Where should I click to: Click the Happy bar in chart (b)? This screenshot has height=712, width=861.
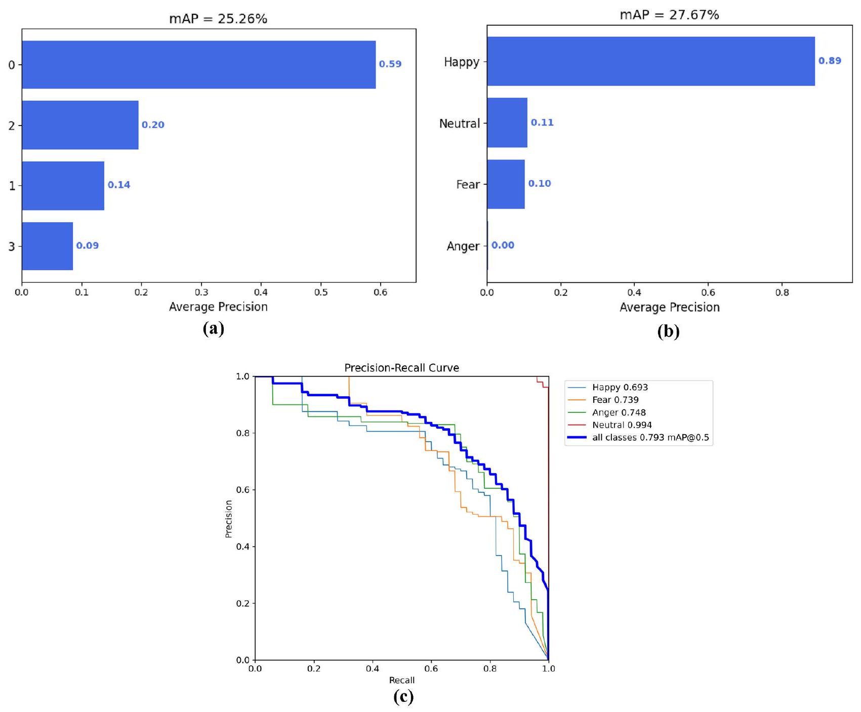click(x=650, y=61)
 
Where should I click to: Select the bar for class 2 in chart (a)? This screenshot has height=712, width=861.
click(x=80, y=125)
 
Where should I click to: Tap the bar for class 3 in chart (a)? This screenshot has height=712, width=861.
click(x=47, y=246)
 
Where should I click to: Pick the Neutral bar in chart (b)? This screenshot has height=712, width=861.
click(x=507, y=123)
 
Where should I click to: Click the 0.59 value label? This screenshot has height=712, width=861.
click(x=390, y=64)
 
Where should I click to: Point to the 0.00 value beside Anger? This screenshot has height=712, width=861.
click(x=503, y=245)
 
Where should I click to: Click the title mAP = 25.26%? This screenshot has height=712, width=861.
click(x=218, y=19)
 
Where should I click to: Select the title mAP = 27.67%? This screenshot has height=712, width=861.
click(x=669, y=15)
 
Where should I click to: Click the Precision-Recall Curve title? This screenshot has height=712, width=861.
click(x=401, y=368)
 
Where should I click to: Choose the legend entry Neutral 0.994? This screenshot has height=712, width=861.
click(x=622, y=425)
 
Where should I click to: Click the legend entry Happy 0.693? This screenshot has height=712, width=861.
click(x=620, y=387)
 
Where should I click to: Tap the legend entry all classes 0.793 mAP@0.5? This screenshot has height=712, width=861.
click(x=650, y=438)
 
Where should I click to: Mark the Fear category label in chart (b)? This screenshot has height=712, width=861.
click(x=467, y=185)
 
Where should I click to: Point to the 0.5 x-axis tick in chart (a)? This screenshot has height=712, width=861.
click(x=321, y=292)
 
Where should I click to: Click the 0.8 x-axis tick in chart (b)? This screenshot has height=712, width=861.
click(x=782, y=292)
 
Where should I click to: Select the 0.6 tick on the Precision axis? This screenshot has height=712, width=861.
click(x=243, y=490)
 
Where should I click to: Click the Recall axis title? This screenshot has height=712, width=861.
click(x=401, y=681)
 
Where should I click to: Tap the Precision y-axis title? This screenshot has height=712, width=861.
click(x=229, y=519)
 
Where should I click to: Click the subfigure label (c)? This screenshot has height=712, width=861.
click(x=403, y=697)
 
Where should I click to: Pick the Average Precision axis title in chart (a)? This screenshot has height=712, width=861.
click(x=218, y=307)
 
